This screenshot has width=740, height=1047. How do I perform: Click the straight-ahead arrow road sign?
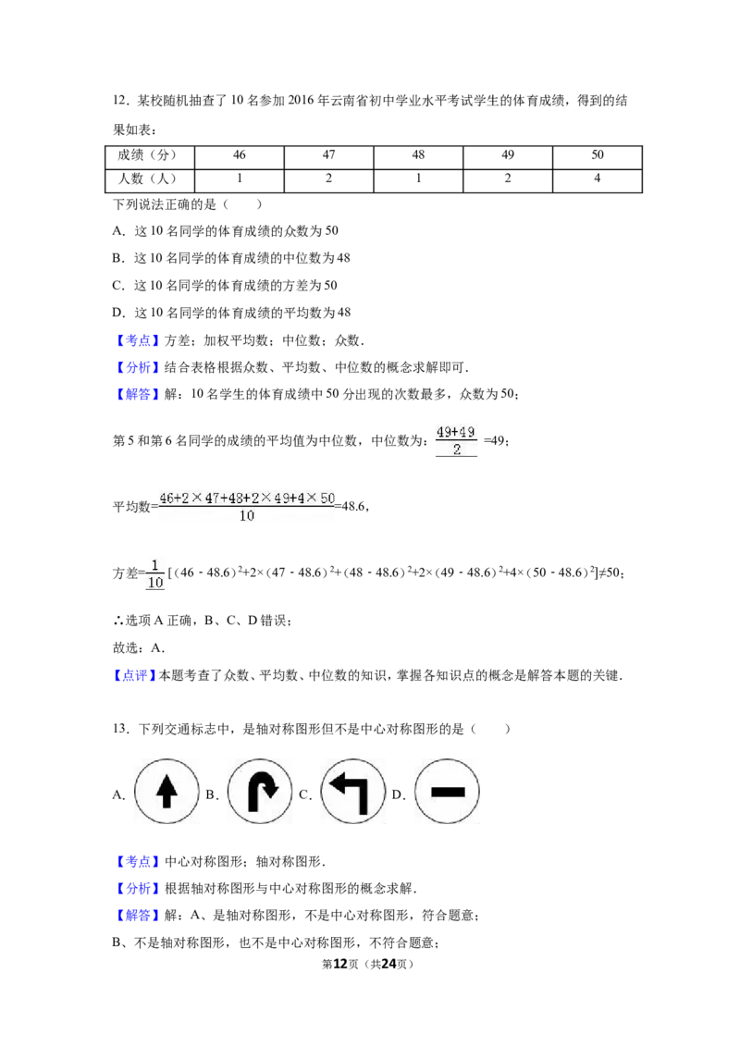point(166,792)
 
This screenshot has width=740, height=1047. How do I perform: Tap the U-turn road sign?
point(261,792)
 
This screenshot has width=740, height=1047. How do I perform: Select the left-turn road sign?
point(355,792)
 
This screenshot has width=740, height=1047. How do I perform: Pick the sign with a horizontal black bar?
point(448,792)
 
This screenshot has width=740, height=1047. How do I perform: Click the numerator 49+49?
point(455,432)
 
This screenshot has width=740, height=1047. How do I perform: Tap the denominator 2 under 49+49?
point(455,450)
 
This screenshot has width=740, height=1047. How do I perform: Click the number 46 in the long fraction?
point(166,498)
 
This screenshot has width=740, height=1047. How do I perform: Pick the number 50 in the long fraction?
point(327,498)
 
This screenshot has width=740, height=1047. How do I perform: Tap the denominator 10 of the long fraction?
point(247,516)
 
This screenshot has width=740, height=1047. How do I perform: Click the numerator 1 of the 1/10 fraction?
point(154,565)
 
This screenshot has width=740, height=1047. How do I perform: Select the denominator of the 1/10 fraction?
point(154,583)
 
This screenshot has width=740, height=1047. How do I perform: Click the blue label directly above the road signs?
point(136,676)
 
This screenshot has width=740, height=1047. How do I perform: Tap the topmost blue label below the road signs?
point(138,862)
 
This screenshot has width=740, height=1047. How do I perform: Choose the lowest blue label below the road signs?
point(138,916)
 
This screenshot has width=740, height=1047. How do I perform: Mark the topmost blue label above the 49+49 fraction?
point(138,340)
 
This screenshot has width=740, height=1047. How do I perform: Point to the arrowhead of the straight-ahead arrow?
point(166,783)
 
